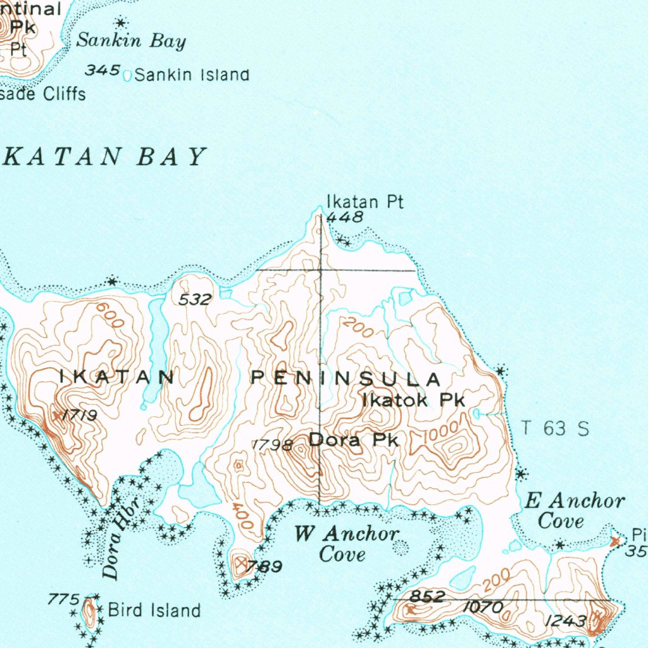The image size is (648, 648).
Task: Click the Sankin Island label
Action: (x=192, y=75)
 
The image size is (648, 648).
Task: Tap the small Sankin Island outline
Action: (x=127, y=76)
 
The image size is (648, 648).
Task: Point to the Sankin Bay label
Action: (x=131, y=42)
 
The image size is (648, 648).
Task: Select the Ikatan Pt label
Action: (x=364, y=202)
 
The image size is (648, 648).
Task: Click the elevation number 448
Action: (x=346, y=218)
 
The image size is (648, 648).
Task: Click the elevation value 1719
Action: (x=80, y=416)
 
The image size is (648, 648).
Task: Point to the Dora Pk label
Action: (x=354, y=439)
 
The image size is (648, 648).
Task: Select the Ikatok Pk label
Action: (x=413, y=400)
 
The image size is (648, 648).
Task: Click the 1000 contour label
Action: (x=438, y=435)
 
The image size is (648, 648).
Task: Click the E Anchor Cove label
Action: (x=574, y=511)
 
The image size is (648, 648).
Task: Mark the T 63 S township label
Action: (x=555, y=428)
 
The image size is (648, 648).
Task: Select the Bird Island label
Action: (x=154, y=611)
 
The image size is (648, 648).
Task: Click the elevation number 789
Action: (x=265, y=566)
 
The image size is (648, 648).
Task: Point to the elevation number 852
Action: (x=427, y=596)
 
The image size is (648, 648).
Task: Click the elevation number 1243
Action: (x=565, y=621)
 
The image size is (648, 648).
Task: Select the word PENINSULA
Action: (x=346, y=379)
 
